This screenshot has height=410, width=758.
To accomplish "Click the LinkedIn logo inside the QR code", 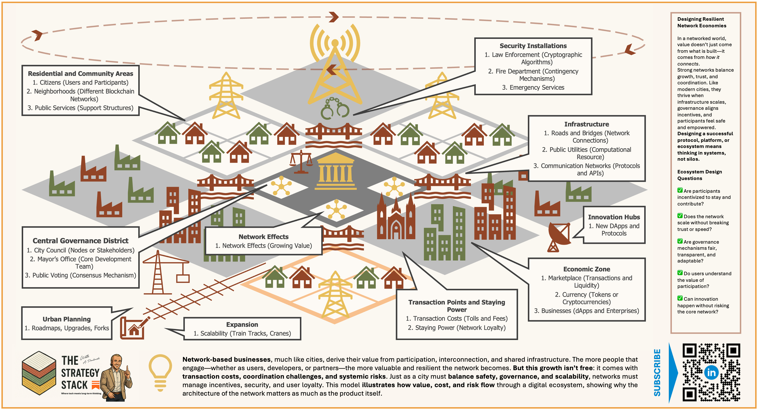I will pyautogui.click(x=711, y=372).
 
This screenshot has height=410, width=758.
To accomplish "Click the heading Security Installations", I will pyautogui.click(x=533, y=46).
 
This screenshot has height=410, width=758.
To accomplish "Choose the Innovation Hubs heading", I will pyautogui.click(x=614, y=217).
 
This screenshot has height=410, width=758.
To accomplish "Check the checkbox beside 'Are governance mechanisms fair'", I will pyautogui.click(x=680, y=241).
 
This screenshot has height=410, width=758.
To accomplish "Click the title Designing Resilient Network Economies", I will pyautogui.click(x=702, y=22).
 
